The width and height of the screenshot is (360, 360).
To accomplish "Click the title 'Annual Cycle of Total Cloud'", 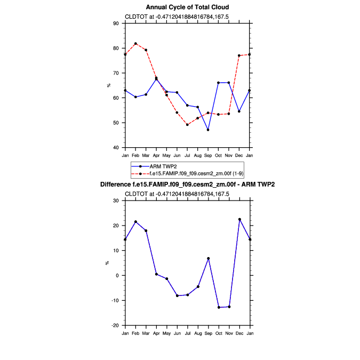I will (x=188, y=7).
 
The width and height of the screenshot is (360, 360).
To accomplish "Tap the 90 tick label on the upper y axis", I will (x=116, y=23).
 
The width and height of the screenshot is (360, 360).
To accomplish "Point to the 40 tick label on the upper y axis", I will (x=116, y=148).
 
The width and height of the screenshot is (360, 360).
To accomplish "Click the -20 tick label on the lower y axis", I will (x=115, y=325).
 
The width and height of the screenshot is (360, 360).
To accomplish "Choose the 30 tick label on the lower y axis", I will (x=116, y=201).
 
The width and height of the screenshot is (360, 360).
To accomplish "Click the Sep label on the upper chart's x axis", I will (x=208, y=155).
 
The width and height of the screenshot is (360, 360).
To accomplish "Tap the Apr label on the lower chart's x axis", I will (x=156, y=333).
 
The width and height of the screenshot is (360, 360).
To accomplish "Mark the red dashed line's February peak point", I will (x=135, y=44).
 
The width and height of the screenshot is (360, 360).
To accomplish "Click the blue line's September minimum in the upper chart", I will (x=208, y=130).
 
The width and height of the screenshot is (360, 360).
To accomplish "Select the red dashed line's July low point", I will (x=187, y=125).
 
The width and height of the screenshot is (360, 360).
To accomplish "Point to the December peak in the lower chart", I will (x=239, y=219).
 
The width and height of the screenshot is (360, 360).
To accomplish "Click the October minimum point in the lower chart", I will (x=219, y=307).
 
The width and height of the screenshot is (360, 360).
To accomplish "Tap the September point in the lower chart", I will (x=208, y=259).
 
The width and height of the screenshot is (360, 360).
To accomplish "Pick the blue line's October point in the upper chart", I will (x=219, y=83).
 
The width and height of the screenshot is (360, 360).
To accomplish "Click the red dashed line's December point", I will (x=239, y=55).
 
